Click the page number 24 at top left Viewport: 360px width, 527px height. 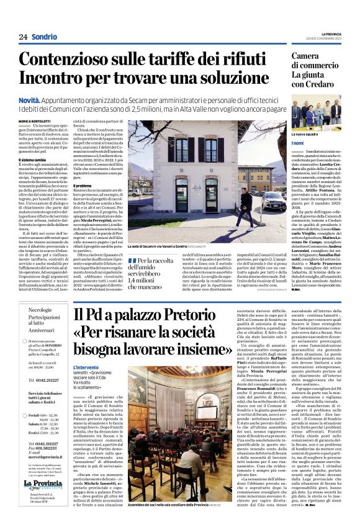pyautogui.click(x=24, y=37)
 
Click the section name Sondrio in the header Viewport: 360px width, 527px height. pyautogui.click(x=44, y=37)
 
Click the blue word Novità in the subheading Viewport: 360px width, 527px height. pyautogui.click(x=30, y=100)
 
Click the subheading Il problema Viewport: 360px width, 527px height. pyautogui.click(x=83, y=185)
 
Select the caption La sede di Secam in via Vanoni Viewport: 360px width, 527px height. pyautogui.click(x=163, y=246)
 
